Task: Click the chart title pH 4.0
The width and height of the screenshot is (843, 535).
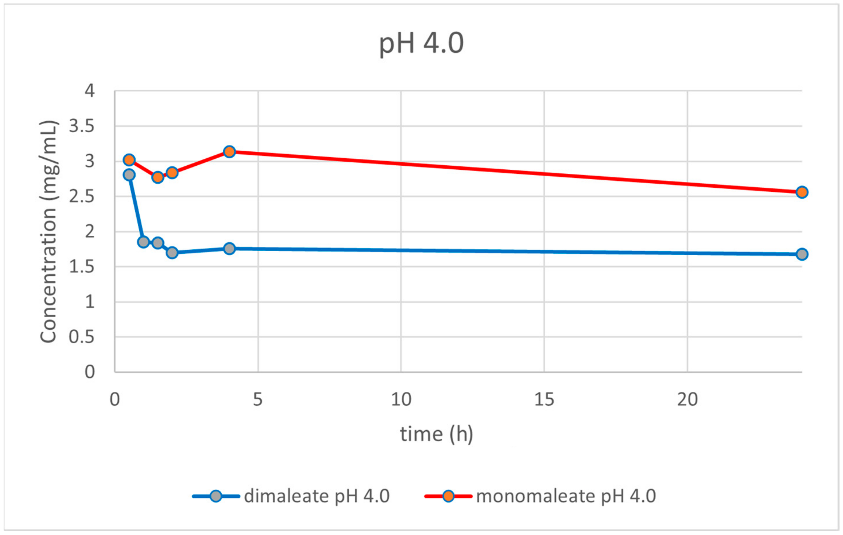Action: click(422, 43)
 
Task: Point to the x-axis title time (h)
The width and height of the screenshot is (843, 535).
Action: click(436, 434)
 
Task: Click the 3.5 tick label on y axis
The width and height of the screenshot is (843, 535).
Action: click(82, 126)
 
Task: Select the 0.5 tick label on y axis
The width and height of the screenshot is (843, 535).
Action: click(82, 337)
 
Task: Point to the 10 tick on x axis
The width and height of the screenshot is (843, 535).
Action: click(401, 400)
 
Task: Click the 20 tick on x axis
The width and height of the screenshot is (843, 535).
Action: click(687, 400)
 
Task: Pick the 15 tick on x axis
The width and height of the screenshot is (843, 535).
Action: click(544, 400)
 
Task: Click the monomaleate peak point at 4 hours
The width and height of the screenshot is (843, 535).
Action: click(229, 152)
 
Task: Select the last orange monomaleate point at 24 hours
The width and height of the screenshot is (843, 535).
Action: click(802, 192)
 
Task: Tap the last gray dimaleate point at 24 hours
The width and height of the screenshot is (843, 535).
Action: click(802, 254)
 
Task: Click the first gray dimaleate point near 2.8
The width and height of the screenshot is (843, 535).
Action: click(129, 175)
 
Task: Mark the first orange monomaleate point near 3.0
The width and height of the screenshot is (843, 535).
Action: click(129, 160)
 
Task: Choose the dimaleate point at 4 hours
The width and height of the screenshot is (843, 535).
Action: click(229, 248)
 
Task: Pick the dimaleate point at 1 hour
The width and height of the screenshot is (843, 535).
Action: click(143, 242)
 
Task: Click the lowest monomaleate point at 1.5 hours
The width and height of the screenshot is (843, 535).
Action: click(158, 177)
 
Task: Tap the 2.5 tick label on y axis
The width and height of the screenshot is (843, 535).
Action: click(82, 197)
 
